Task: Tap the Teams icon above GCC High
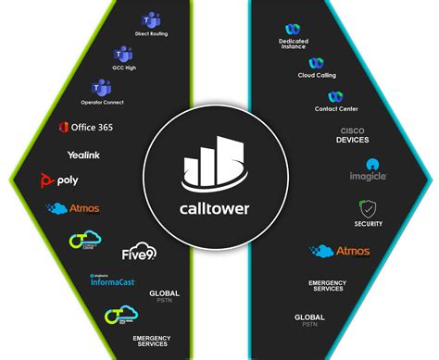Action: [123, 55]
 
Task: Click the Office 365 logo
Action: [85, 127]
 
